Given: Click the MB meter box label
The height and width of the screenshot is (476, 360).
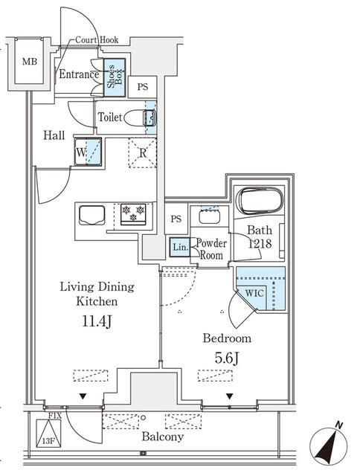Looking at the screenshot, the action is (30, 62).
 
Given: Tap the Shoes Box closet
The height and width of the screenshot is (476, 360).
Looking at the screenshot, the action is (115, 77).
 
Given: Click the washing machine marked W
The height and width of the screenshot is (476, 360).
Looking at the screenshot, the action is (88, 152).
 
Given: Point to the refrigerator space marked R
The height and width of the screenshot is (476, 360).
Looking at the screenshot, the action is (142, 152).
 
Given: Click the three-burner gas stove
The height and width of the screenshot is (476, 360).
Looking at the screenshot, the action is (133, 214).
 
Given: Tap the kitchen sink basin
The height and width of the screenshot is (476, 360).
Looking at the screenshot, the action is (92, 215).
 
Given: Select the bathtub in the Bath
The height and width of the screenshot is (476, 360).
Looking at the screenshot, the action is (260, 202).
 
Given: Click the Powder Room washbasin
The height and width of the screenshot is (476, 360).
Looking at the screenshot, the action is (209, 216).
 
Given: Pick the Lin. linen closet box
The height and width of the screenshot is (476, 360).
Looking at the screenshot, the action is (180, 247).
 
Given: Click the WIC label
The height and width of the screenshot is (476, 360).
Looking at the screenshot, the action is (254, 293).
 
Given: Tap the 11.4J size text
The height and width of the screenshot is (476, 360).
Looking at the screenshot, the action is (97, 321).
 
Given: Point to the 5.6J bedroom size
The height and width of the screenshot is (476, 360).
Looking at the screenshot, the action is (227, 358).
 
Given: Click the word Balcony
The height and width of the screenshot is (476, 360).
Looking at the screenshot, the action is (163, 437).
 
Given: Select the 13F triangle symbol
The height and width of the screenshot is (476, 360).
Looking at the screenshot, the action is (48, 433).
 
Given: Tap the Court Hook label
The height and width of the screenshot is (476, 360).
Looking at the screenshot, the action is (97, 39).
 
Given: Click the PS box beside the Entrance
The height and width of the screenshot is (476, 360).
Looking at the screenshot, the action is (142, 87).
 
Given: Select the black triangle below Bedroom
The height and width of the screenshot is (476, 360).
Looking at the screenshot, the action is (229, 396).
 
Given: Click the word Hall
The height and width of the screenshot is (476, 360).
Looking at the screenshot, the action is (54, 135).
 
